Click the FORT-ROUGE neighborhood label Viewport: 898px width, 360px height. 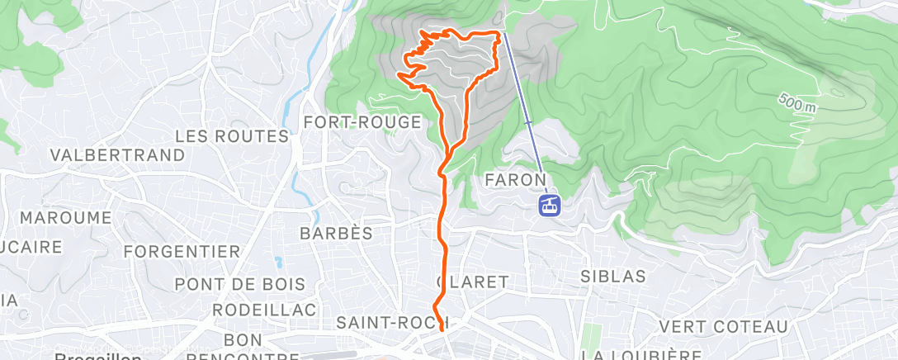[362, 122]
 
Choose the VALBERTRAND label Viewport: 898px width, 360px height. [117, 155]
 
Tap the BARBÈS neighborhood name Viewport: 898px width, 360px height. [336, 234]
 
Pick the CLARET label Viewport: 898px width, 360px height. [474, 282]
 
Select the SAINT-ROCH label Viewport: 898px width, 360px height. [392, 322]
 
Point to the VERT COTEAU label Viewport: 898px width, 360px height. [724, 327]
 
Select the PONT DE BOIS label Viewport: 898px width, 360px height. [240, 284]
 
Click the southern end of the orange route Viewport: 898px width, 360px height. [446, 329]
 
